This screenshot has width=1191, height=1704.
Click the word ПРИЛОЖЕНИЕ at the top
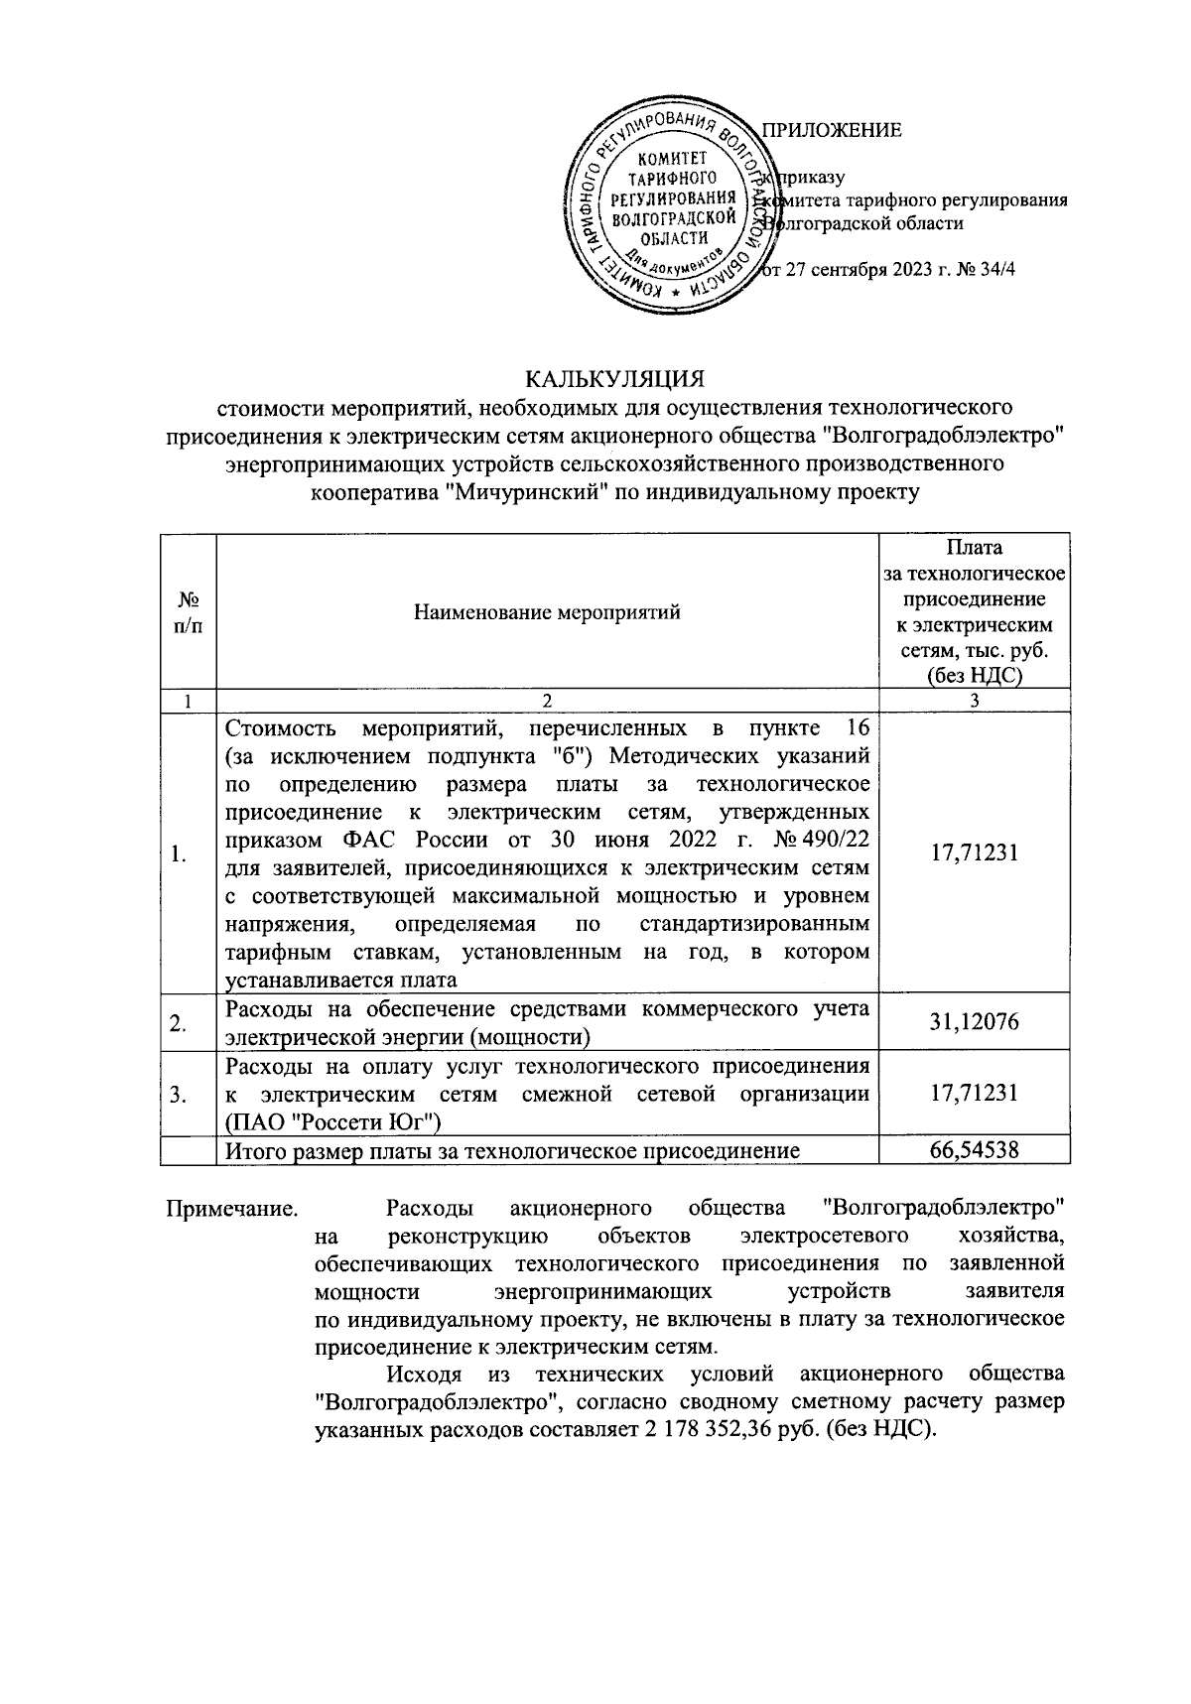tap(831, 130)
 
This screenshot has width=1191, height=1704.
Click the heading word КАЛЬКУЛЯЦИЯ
tap(614, 379)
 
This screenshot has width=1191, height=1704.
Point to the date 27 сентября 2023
tap(858, 269)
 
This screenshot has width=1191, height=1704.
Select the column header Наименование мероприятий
tap(547, 611)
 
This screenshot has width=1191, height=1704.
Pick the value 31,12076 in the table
tap(974, 1021)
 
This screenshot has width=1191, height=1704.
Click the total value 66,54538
tap(974, 1150)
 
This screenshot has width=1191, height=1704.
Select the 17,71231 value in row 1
tap(974, 852)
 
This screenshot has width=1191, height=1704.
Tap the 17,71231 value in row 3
tap(974, 1094)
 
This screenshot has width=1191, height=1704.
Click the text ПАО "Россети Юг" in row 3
tap(333, 1122)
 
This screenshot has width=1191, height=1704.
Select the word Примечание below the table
tap(230, 1209)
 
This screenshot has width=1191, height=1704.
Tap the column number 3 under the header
tap(974, 701)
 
